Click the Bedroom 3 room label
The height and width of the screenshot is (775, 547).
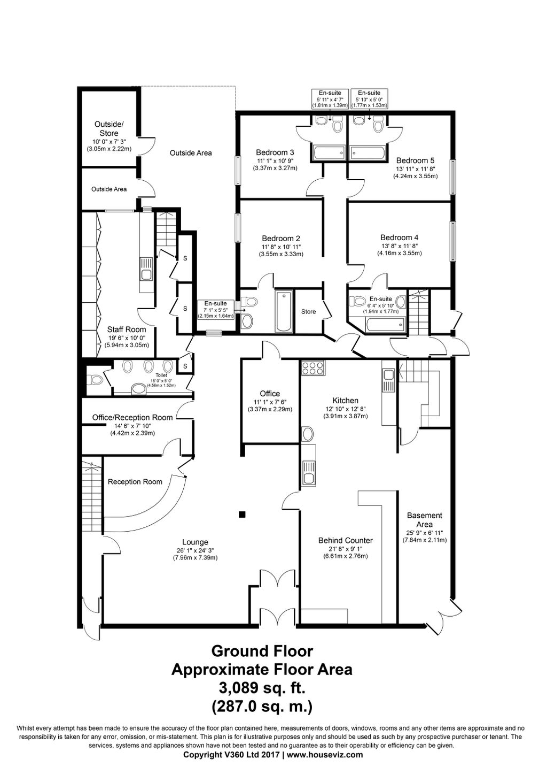pos(275,152)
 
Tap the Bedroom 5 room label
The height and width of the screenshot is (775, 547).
pos(415,160)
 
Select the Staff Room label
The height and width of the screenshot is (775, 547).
pos(126,329)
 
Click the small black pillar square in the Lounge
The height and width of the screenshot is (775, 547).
pos(242,515)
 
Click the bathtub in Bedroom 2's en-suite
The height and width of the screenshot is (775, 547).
pos(284,311)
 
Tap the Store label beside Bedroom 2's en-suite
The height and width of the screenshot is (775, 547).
pos(308,312)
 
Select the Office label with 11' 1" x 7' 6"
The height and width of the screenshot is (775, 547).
pos(270,394)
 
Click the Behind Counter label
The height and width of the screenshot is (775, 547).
pos(345,540)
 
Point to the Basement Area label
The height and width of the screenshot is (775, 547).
pos(424,520)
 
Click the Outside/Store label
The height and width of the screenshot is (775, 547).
pos(109,129)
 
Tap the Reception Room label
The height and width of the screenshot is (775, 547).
pos(135,482)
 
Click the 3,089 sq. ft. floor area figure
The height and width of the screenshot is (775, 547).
pos(262,687)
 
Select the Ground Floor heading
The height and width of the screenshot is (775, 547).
pos(262,651)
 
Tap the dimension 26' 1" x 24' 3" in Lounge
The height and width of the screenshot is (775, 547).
pos(194,550)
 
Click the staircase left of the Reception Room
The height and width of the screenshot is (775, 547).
pos(91,495)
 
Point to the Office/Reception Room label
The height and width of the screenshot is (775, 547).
pos(132,418)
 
